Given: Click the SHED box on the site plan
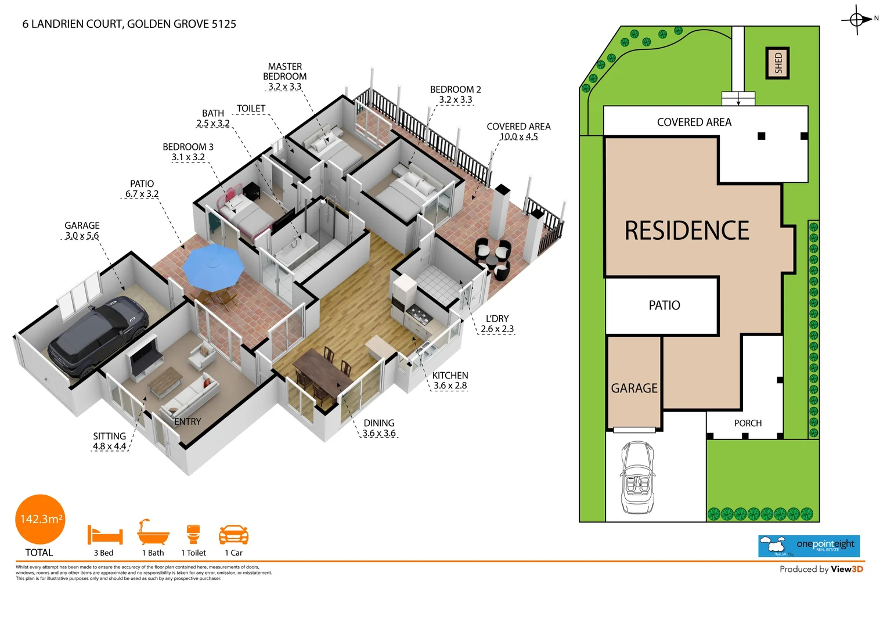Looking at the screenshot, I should click(x=778, y=63).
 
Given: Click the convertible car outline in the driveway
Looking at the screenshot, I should click(x=638, y=477).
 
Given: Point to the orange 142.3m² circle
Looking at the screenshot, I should click(x=40, y=519).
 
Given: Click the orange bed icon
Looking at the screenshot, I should click(x=105, y=534).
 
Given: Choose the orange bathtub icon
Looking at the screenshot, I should click(x=153, y=532).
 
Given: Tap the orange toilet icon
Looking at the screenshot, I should click(x=193, y=534).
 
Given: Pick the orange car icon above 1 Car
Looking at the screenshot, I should click(x=233, y=534).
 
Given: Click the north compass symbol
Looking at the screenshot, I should click(x=857, y=20).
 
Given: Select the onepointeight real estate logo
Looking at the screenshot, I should click(x=809, y=546).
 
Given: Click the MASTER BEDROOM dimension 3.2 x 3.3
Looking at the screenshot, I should click(x=284, y=87).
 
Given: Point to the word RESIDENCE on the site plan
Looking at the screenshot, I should click(x=687, y=230).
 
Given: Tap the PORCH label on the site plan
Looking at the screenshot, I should click(x=748, y=423).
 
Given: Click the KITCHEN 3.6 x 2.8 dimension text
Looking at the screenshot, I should click(x=450, y=385).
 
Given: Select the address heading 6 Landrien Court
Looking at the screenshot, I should click(x=129, y=24).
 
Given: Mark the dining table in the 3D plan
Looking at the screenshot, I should click(x=322, y=372).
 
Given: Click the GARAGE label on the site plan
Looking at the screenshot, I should click(x=634, y=388).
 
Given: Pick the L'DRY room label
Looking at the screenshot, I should click(x=497, y=319).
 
